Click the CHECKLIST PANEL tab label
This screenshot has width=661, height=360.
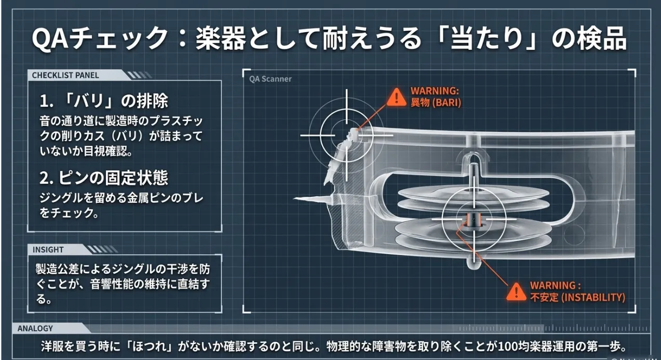click(65, 75)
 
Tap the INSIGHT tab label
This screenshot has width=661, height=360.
click(48, 249)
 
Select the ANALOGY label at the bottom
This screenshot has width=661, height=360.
click(35, 328)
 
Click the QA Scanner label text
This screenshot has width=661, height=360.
click(270, 79)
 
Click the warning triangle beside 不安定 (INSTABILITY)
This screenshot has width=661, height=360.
click(516, 290)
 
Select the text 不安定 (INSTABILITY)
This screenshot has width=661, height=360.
click(577, 298)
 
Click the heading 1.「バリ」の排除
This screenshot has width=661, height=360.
click(104, 100)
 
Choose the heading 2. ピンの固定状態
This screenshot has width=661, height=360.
click(104, 178)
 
